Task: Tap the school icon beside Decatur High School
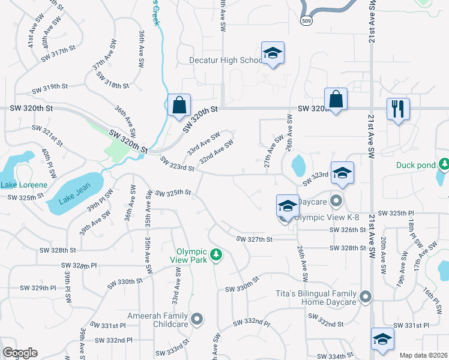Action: pos(273,53)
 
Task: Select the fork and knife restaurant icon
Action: pos(398,109)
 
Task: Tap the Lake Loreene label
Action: pos(23,185)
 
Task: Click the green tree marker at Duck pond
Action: pos(444,164)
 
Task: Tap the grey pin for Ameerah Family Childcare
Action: pos(197,319)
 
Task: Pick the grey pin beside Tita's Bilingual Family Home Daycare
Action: pos(365,296)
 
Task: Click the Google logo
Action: pos(20,353)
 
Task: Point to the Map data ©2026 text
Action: pos(423,355)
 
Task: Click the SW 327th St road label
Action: pos(255,239)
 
